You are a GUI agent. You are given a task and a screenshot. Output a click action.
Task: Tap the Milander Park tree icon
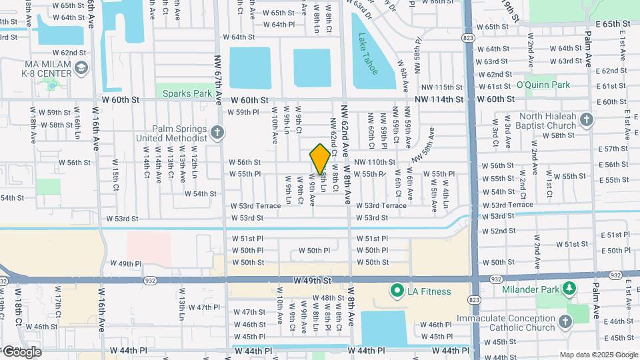tap(569, 287)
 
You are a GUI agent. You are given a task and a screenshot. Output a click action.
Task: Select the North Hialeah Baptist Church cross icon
tap(586, 120)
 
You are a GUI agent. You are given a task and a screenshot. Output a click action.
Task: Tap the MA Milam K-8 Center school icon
tap(81, 67)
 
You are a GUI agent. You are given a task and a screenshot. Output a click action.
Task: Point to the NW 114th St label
tap(440, 99)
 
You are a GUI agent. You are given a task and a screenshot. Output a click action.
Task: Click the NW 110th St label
tap(375, 162)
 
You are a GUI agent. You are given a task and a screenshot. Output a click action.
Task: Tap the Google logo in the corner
tap(22, 351)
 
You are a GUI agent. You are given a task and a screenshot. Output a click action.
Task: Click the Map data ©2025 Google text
tap(598, 355)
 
